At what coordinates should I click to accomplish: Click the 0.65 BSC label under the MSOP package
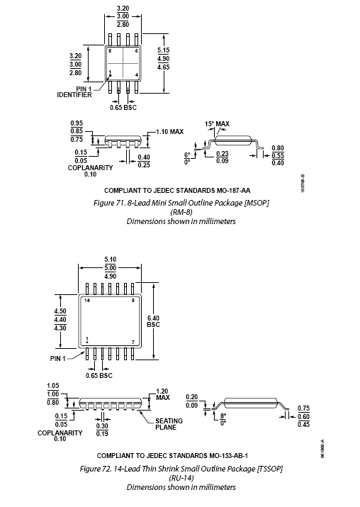[x=123, y=107]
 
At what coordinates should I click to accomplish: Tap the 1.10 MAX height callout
[x=169, y=132]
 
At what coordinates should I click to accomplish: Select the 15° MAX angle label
[x=217, y=124]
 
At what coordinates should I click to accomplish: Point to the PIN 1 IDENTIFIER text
[x=74, y=92]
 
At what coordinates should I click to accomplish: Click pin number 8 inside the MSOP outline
[x=110, y=51]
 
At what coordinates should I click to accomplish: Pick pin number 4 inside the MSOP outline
[x=137, y=75]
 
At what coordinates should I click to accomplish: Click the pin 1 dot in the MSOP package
[x=110, y=76]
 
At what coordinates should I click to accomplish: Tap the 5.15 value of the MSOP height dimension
[x=164, y=50]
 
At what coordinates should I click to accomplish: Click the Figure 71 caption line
[x=181, y=203]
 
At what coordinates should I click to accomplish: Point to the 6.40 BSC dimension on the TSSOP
[x=153, y=321]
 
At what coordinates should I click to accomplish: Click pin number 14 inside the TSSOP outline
[x=87, y=301]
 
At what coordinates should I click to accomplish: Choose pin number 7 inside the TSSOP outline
[x=133, y=342]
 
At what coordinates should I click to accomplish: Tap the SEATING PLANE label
[x=169, y=424]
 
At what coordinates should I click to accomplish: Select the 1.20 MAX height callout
[x=162, y=394]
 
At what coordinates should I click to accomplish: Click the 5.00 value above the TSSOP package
[x=111, y=268]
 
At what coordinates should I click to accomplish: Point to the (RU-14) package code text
[x=181, y=478]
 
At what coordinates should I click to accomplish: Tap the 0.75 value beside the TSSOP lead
[x=303, y=408]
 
